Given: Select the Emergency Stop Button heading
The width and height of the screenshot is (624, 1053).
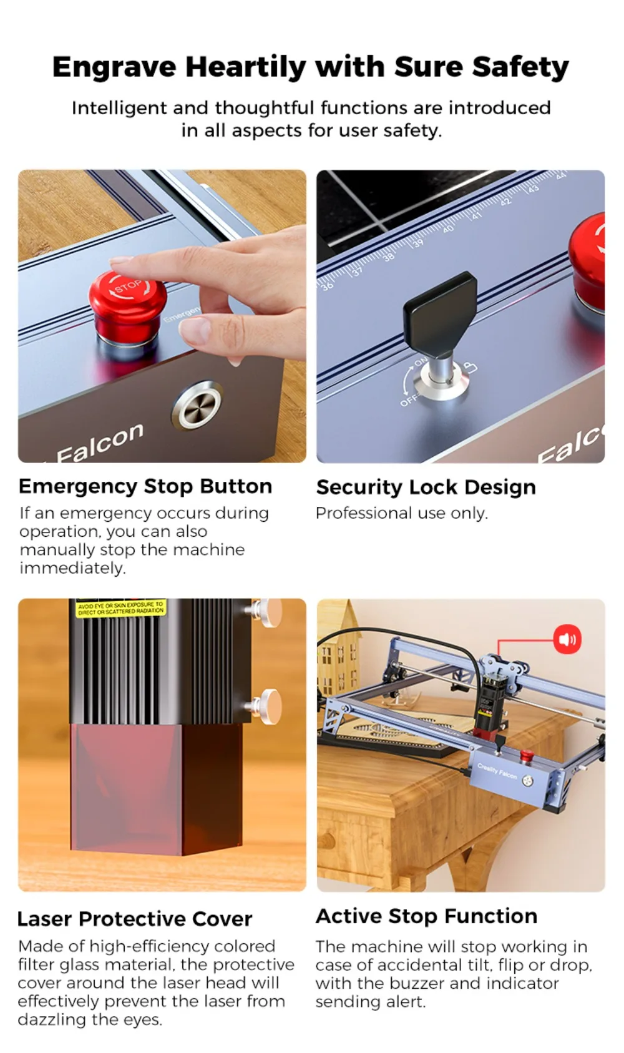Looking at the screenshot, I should tap(145, 486).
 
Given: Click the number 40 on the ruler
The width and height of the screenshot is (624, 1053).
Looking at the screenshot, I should tap(447, 229).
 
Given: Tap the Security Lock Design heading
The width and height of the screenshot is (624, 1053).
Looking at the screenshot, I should tap(426, 487).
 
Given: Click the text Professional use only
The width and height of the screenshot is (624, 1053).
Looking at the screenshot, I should tap(401, 513).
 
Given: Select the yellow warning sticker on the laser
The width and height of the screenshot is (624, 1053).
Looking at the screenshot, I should tap(120, 609).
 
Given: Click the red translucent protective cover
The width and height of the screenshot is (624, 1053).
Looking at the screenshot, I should tap(156, 786).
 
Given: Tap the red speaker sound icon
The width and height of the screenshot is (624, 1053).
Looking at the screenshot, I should tap(567, 639).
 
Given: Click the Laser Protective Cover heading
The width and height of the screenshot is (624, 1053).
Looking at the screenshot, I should tap(134, 919).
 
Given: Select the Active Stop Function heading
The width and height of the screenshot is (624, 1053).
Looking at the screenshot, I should tap(426, 916).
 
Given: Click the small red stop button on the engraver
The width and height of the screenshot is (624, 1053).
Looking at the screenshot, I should tap(527, 756).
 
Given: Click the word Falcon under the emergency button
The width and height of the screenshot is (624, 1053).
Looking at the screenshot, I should tap(100, 443).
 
